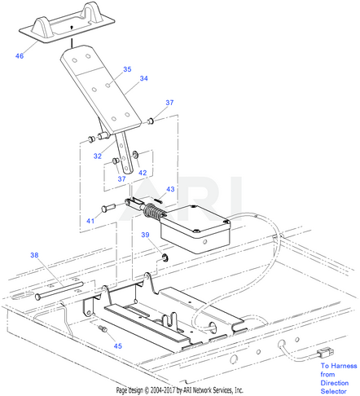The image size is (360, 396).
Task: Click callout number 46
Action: (20, 56)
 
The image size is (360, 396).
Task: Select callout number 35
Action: (127, 69)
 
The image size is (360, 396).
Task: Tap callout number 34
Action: (143, 78)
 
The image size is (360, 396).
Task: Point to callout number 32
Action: (98, 156)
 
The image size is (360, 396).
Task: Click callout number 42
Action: (143, 173)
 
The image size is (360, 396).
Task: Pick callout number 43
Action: (170, 189)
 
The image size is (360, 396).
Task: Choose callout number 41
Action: (90, 221)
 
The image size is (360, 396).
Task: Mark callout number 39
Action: (145, 235)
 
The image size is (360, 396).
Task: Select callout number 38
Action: (34, 255)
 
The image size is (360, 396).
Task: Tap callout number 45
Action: (118, 346)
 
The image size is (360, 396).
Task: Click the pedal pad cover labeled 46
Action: (67, 23)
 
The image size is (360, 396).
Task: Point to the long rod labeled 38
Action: (59, 291)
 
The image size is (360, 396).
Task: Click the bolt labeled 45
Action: (103, 328)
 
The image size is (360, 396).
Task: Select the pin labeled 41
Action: (108, 208)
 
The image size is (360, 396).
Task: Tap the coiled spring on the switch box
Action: (153, 211)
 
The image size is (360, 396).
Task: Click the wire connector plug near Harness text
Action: (325, 354)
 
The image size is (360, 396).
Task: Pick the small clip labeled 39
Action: (165, 257)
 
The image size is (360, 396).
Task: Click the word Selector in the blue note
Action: (333, 391)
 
